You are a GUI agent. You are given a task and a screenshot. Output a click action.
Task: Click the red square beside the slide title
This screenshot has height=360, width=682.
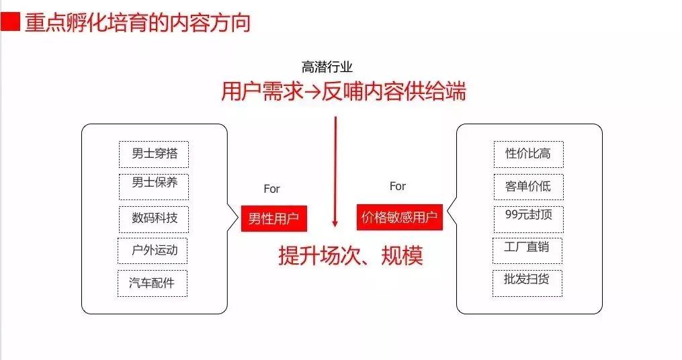click(x=10, y=21)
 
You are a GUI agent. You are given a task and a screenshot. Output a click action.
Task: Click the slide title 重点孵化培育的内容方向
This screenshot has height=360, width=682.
click(x=138, y=23)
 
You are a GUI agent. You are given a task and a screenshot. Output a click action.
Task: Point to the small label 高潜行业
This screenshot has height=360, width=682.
click(x=327, y=67)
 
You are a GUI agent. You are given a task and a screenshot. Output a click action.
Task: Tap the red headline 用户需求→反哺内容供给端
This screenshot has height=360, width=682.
click(x=343, y=91)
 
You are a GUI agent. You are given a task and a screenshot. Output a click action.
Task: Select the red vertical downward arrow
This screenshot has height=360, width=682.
click(x=335, y=171)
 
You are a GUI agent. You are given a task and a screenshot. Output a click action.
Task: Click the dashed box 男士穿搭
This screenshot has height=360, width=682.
click(x=154, y=154)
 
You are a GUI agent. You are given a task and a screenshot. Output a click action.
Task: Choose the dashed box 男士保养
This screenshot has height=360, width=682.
click(x=154, y=187)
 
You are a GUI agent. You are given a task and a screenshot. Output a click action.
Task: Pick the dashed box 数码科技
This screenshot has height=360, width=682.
click(x=154, y=220)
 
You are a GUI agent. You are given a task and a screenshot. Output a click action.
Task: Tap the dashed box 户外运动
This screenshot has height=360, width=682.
click(x=153, y=251)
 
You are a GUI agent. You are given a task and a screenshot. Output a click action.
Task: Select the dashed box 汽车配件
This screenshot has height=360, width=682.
click(x=153, y=283)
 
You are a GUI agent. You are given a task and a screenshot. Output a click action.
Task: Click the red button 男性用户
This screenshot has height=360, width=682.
click(x=274, y=218)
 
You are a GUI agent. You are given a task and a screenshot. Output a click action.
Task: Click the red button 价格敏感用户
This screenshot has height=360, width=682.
click(x=400, y=217)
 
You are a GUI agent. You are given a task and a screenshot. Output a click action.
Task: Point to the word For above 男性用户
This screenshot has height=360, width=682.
click(x=271, y=189)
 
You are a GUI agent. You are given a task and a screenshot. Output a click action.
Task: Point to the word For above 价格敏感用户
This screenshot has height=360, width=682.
click(x=398, y=186)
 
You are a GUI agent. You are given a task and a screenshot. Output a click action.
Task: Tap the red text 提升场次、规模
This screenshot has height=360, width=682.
click(x=351, y=255)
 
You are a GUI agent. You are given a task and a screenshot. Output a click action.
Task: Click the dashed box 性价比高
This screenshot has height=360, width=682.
click(x=528, y=154)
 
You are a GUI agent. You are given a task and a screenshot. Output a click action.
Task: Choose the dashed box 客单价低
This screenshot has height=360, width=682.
click(x=528, y=187)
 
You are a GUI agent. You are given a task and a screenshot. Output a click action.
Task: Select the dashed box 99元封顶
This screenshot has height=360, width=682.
click(x=528, y=220)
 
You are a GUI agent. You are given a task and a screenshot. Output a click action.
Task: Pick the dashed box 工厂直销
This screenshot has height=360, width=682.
click(x=527, y=251)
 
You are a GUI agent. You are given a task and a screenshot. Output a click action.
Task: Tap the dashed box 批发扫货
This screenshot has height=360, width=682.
click(x=527, y=283)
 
